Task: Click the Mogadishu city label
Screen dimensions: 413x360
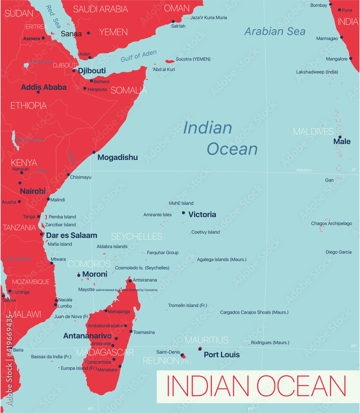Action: coord(117,157)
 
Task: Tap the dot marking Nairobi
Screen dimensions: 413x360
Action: coord(20,183)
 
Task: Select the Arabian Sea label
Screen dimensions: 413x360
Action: coord(275,31)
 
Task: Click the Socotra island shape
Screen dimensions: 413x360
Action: coord(170,61)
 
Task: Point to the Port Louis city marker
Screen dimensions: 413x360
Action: coord(200,349)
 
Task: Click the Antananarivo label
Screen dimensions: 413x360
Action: coord(87,336)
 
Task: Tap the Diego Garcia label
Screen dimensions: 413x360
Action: coord(339,252)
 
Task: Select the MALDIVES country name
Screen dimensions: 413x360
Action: coord(313,132)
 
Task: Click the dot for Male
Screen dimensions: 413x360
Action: coord(340,137)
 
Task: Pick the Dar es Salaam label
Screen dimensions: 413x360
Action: coord(71,235)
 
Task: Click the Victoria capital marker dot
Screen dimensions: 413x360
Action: coord(183,213)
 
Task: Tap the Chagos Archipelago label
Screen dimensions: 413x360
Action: coord(332,223)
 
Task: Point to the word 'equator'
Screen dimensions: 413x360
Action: coord(304,170)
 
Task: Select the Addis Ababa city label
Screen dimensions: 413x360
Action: coord(44,87)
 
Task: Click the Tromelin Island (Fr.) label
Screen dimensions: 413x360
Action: coord(187,306)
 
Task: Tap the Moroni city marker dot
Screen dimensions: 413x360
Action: coord(78,275)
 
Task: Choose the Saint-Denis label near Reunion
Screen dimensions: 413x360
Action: coord(168,352)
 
